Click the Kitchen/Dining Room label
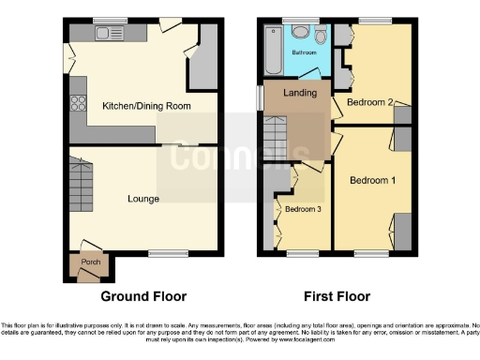(x=146, y=107)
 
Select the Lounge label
(x=143, y=199)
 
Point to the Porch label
(x=91, y=262)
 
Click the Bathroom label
(x=304, y=52)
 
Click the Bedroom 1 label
(x=371, y=179)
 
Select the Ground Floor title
(x=143, y=296)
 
